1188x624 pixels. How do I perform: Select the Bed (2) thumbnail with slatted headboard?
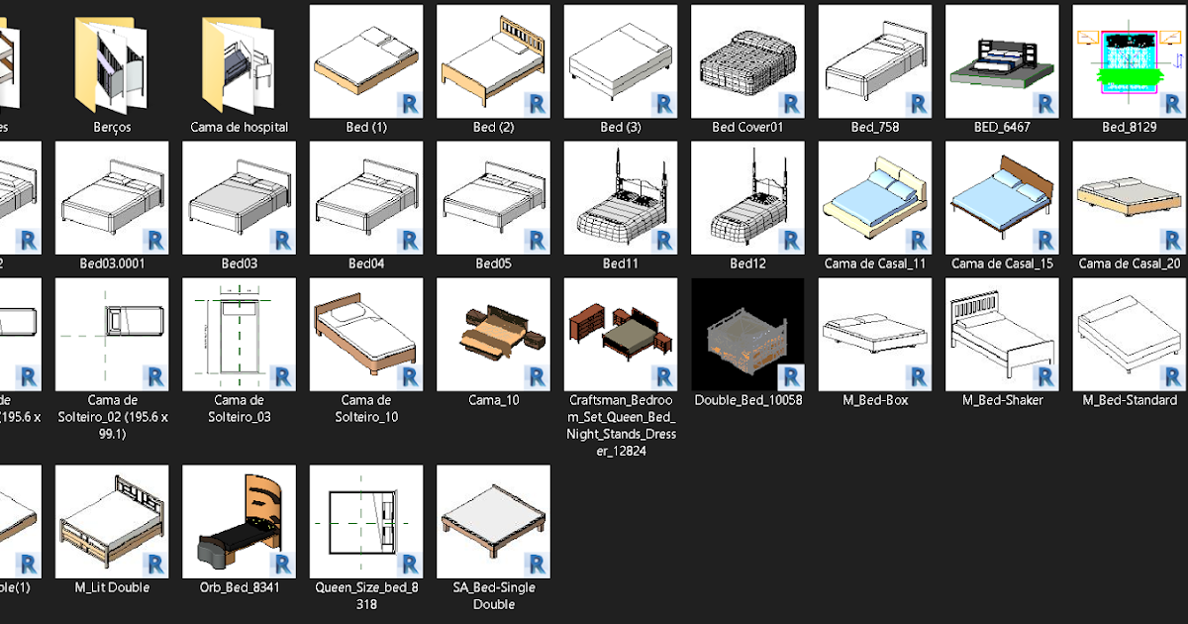(493, 61)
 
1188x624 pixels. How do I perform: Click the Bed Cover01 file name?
(747, 128)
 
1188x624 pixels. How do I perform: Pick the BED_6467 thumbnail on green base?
(1001, 61)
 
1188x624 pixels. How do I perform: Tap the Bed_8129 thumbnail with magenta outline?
(1129, 61)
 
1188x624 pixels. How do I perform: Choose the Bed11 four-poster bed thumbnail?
(621, 197)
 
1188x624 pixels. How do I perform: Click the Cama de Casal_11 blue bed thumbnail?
(874, 197)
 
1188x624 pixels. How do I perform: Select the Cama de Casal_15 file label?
(1002, 263)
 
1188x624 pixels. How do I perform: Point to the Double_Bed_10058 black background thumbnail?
(747, 334)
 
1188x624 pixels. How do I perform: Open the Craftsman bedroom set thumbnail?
(621, 334)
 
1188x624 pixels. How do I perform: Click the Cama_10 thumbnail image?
(493, 334)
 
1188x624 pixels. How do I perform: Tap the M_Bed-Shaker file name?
(1002, 400)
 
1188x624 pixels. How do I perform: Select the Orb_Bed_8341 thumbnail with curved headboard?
(239, 522)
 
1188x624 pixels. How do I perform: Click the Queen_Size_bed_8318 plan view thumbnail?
(366, 522)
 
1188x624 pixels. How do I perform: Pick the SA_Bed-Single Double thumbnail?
(493, 522)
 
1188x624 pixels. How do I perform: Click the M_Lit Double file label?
(112, 587)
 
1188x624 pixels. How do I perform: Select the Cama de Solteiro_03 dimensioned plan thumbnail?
(239, 334)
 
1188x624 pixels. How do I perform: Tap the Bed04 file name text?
(366, 263)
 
